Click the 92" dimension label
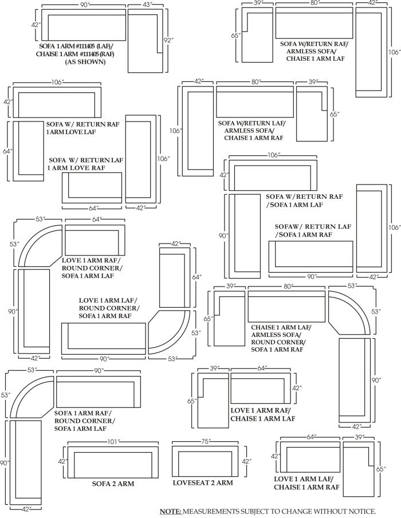coord(168,41)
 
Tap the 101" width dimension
coord(113,442)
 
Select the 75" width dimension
coord(206,442)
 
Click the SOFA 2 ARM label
coord(113,484)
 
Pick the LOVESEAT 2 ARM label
coord(203,483)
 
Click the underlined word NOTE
coord(170,511)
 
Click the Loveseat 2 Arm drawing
coord(205,462)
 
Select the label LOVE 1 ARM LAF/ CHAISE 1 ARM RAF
coord(306,483)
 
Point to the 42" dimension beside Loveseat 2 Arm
coord(246,461)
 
